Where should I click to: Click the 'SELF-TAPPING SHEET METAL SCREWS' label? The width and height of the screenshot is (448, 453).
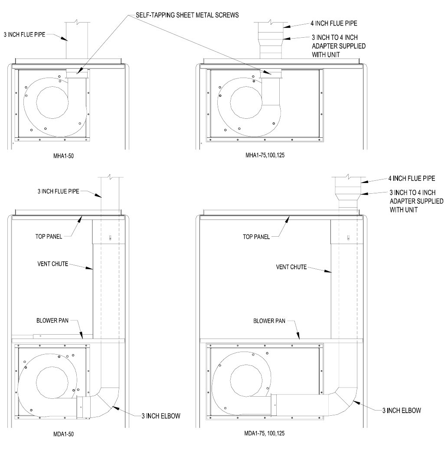click(187, 15)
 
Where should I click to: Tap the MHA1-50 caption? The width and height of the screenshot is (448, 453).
click(64, 156)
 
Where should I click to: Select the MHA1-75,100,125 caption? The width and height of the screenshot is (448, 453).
click(265, 155)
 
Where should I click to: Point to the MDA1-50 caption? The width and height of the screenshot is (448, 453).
click(64, 434)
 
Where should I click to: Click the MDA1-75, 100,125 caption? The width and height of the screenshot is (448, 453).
click(265, 433)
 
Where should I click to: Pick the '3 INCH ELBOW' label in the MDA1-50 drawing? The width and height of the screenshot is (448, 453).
click(161, 416)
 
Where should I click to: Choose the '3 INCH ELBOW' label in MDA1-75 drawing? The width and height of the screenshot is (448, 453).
click(402, 411)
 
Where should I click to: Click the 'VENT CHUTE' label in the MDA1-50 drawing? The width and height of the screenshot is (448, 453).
click(53, 264)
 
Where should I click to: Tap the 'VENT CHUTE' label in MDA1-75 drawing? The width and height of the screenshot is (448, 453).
click(291, 267)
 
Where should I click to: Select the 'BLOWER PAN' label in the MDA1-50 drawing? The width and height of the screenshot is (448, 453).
click(52, 320)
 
